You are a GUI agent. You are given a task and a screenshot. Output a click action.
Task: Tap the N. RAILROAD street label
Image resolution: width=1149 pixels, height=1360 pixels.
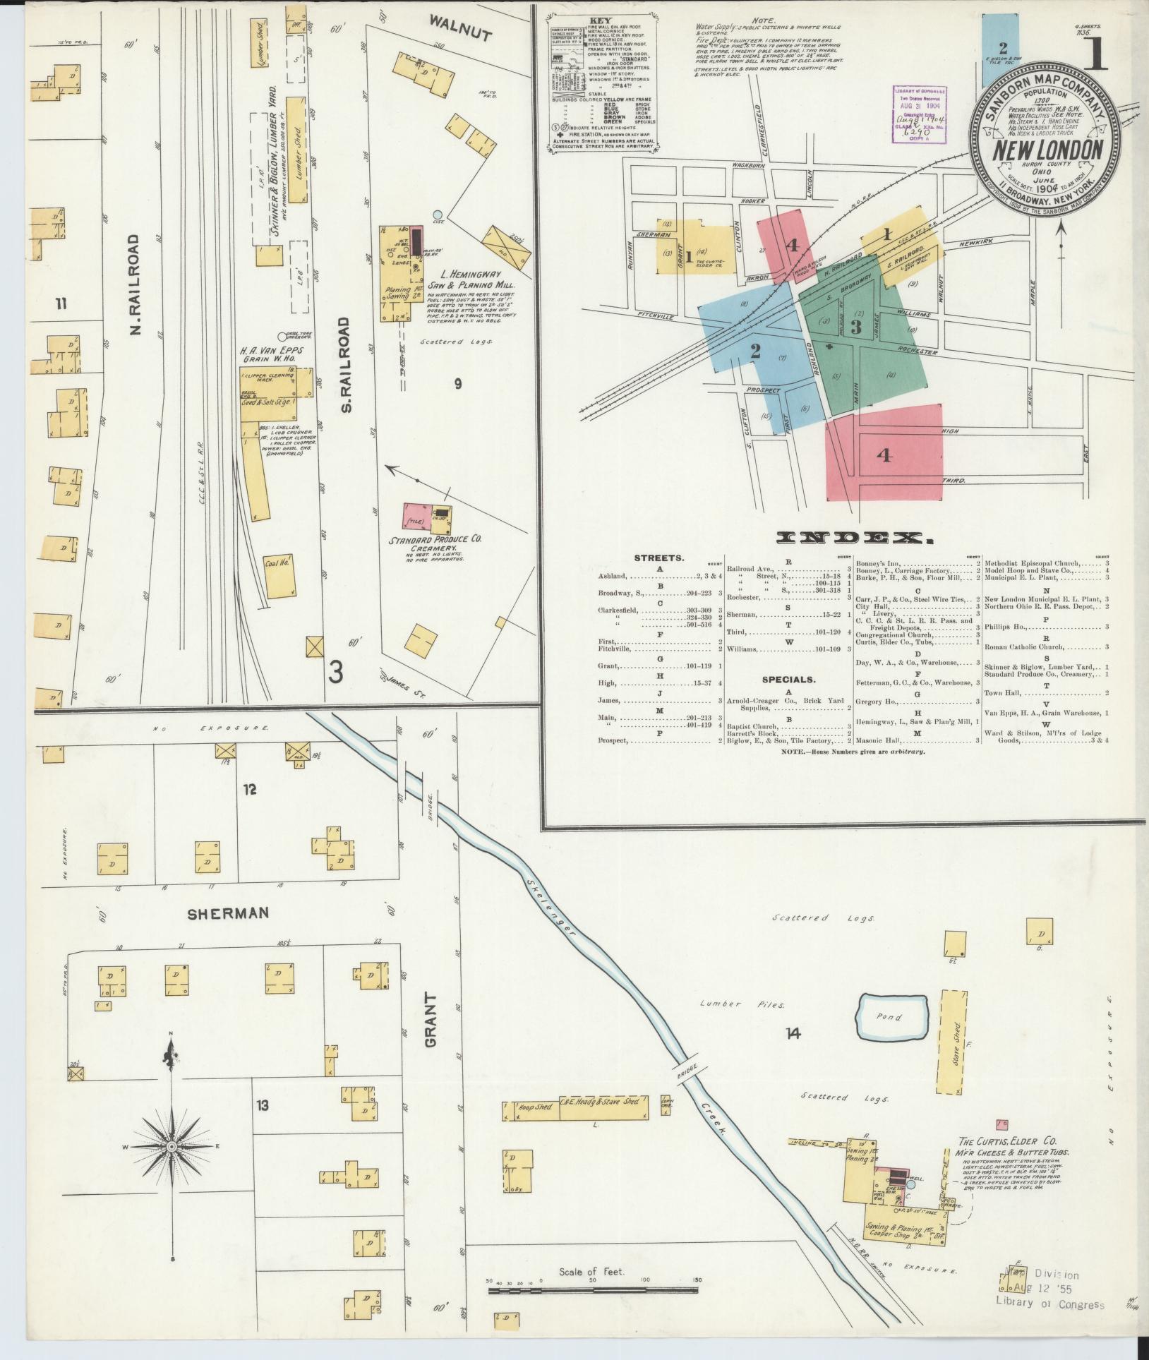tap(136, 284)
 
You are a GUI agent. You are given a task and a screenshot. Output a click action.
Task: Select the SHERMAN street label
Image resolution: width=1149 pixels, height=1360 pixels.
tap(227, 913)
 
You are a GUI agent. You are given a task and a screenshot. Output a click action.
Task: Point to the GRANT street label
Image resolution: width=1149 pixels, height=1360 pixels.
tap(431, 1031)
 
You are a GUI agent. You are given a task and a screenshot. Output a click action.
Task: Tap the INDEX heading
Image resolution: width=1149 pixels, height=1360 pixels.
tap(855, 538)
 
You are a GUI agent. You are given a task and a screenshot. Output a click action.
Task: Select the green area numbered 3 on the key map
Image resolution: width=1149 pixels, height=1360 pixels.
tap(855, 327)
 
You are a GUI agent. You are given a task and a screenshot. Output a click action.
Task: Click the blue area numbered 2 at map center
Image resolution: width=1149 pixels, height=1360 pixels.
tap(755, 351)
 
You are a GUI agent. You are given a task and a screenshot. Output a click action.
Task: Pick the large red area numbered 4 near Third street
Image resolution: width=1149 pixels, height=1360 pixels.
tap(884, 455)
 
